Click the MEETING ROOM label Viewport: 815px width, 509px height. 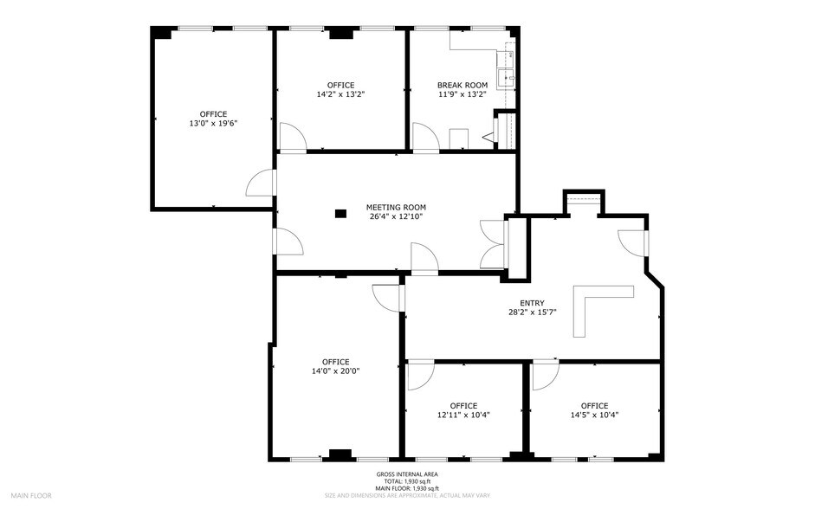(396, 207)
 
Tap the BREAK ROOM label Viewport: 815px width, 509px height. (462, 85)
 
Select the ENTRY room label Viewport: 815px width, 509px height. (532, 303)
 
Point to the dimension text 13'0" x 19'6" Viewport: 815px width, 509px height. (213, 124)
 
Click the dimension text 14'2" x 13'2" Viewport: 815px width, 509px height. (340, 94)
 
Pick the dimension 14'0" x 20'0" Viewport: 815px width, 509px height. (335, 371)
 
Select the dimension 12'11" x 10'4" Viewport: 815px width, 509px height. (463, 416)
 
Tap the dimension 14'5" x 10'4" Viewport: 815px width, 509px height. (594, 416)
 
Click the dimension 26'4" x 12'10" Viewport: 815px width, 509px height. (396, 217)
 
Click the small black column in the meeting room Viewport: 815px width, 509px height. (340, 212)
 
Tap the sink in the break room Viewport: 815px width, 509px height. (504, 76)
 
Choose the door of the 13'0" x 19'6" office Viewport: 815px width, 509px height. (261, 184)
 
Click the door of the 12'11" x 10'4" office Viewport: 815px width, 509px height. (420, 374)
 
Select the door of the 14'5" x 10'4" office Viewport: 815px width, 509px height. (545, 374)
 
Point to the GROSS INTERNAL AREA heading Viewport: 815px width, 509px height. (407, 474)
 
